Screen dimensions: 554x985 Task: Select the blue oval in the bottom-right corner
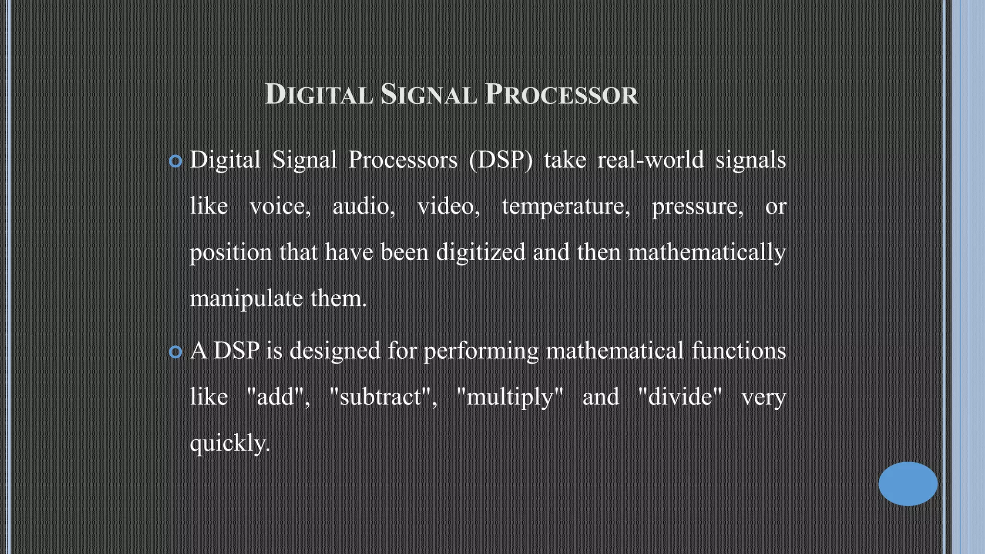pyautogui.click(x=908, y=483)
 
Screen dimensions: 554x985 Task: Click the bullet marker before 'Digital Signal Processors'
pyautogui.click(x=176, y=161)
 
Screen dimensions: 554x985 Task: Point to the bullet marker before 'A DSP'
pyautogui.click(x=176, y=352)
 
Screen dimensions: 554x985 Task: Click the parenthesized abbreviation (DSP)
pyautogui.click(x=501, y=160)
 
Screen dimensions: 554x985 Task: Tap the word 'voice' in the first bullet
pyautogui.click(x=280, y=206)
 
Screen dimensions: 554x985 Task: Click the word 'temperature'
pyautogui.click(x=566, y=206)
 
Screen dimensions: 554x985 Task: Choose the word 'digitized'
pyautogui.click(x=480, y=252)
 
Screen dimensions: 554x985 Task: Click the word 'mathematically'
pyautogui.click(x=707, y=252)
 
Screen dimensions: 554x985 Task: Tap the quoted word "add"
pyautogui.click(x=278, y=397)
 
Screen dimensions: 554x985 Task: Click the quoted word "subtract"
pyautogui.click(x=383, y=397)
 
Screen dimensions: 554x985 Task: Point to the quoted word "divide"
pyautogui.click(x=680, y=397)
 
